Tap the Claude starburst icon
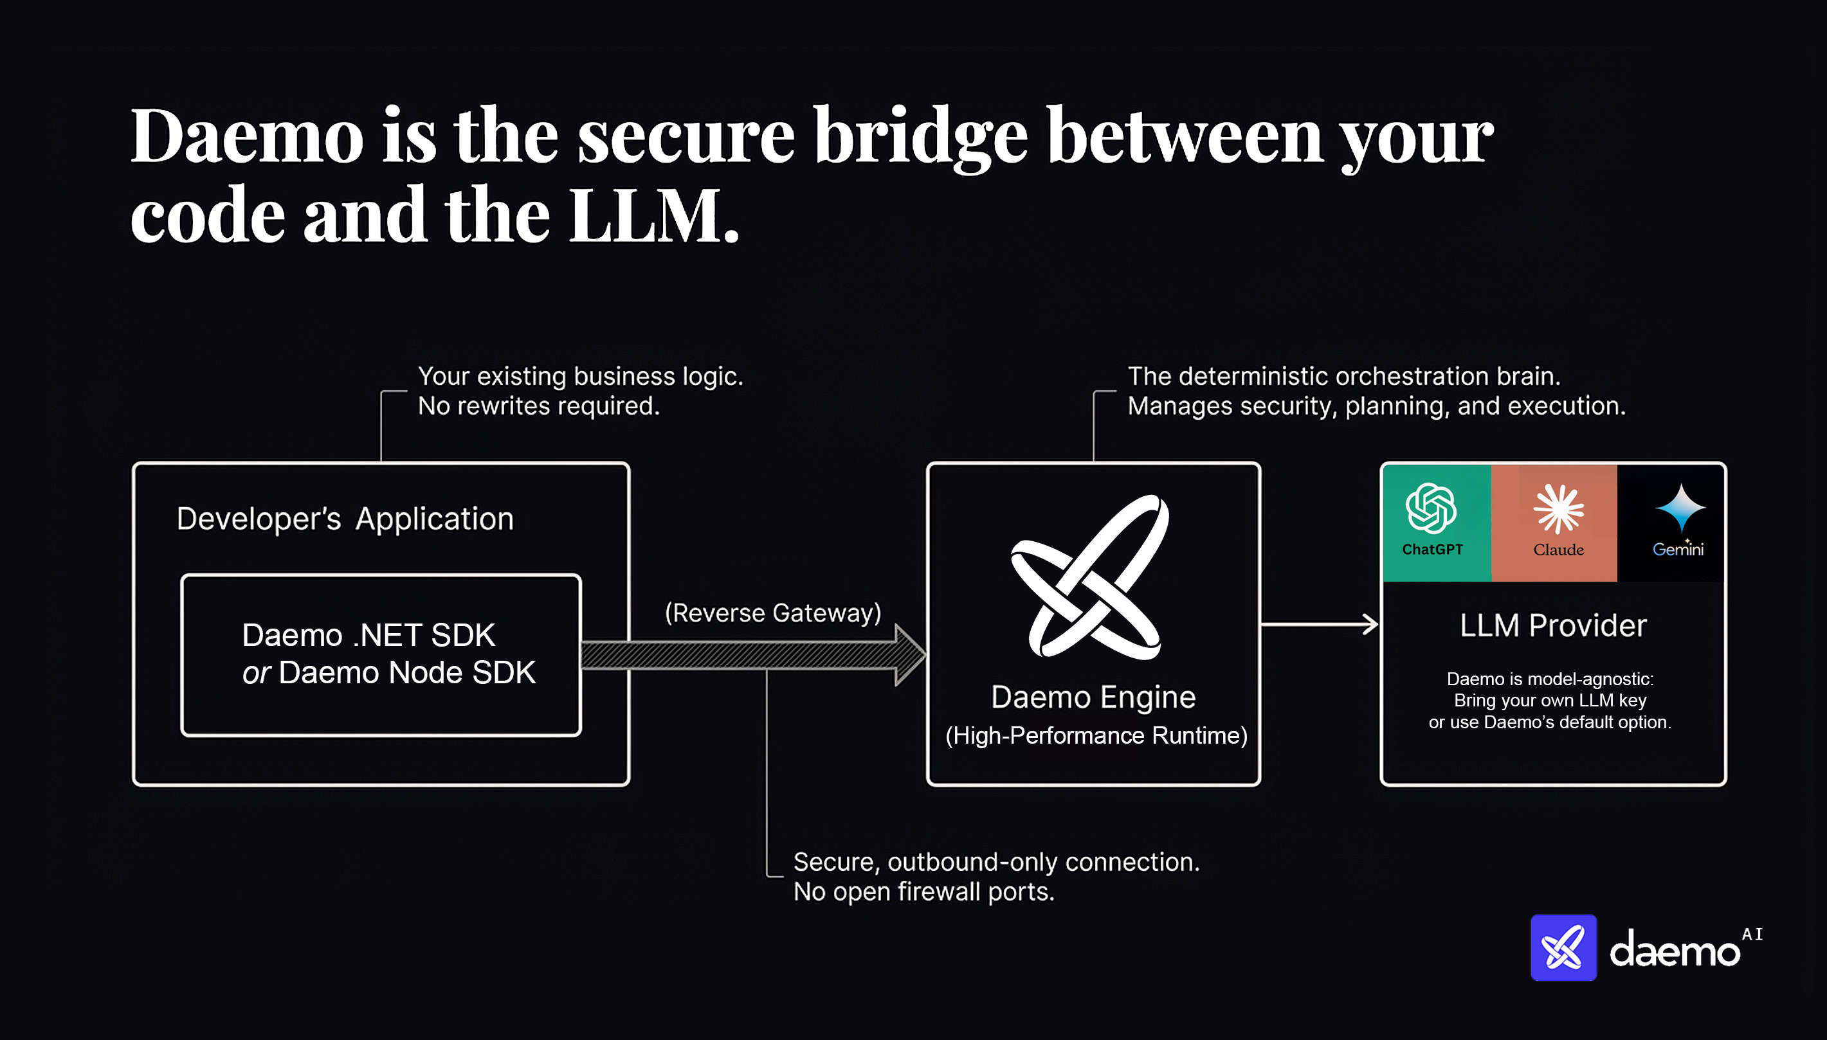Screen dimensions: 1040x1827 [1558, 508]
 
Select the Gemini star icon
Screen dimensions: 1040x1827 [1680, 507]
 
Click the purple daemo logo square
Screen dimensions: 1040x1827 [1563, 948]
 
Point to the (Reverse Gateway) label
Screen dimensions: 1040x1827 [772, 613]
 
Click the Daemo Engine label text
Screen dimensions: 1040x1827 [1093, 697]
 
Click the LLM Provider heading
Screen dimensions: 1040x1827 [1552, 625]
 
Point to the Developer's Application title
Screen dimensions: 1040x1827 [345, 519]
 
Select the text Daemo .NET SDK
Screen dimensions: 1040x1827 [368, 635]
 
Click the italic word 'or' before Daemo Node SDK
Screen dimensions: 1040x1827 [256, 673]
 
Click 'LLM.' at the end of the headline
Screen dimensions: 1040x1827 [653, 216]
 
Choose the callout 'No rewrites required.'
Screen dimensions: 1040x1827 [538, 406]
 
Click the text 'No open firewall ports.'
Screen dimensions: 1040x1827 [923, 892]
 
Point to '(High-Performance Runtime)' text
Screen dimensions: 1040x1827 [1095, 736]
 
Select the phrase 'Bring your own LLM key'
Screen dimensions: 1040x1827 [1550, 700]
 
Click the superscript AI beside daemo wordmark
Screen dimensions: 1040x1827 [1752, 935]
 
